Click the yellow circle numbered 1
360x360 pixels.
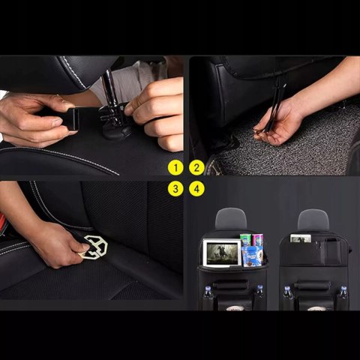pos(175,167)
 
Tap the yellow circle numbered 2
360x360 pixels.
pos(196,167)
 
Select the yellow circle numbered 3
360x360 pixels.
pos(175,188)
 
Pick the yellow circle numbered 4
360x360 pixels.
pos(196,188)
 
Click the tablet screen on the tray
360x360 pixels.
pos(222,252)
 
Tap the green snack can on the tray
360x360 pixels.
pos(245,240)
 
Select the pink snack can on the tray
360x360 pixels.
pos(257,240)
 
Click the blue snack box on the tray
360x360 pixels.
pos(252,256)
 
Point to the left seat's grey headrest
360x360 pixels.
pos(231,218)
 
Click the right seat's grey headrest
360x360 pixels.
pos(313,219)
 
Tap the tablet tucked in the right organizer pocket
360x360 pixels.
pos(301,238)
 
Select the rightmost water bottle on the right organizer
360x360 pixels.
pos(343,291)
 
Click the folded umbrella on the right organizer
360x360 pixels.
pos(310,285)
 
